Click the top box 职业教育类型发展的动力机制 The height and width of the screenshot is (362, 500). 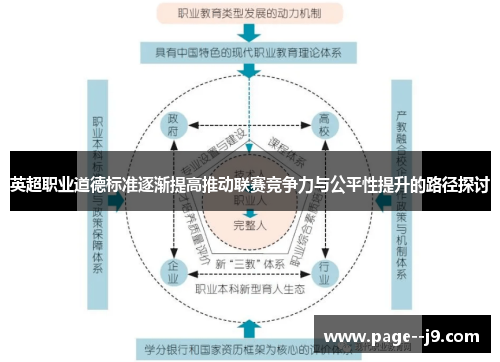pyautogui.click(x=251, y=14)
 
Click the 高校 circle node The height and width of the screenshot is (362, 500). pyautogui.click(x=324, y=127)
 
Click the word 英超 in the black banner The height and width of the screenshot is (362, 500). pyautogui.click(x=25, y=185)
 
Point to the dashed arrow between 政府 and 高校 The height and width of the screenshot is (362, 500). pyautogui.click(x=249, y=126)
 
